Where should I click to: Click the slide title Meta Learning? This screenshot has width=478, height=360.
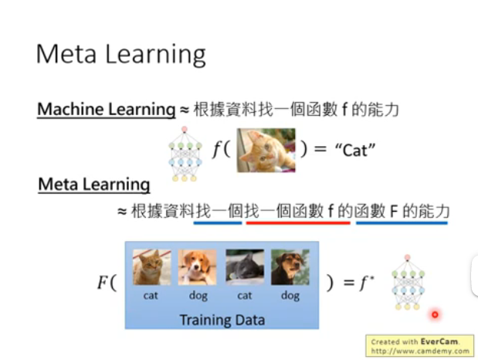coord(121,54)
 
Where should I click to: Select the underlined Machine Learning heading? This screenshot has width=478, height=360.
coord(106,109)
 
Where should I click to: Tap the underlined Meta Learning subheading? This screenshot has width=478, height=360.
coord(94,185)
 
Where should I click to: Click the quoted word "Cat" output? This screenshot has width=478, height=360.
coord(355,150)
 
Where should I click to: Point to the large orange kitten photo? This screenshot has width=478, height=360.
coord(266,150)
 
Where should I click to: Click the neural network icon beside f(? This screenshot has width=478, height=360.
coord(185,154)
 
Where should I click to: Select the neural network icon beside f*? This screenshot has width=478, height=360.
coord(408,282)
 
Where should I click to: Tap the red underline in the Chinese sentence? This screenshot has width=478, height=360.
coord(298,223)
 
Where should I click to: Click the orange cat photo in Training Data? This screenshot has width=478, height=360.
coord(152,267)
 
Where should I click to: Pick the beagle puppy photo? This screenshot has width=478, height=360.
coord(197,267)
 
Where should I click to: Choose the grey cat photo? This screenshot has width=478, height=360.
coord(245,267)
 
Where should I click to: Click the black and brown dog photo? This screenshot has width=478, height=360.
coord(290,267)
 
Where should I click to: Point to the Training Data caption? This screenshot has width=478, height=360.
coord(222,320)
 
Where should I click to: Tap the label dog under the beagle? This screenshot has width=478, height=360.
coord(198,296)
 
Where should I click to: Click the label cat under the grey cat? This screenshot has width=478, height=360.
coord(245,296)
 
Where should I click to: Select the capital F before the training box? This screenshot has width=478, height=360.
coord(103,282)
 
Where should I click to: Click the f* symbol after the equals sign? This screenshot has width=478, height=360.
coord(367,283)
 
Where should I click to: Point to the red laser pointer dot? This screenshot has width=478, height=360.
coord(435,314)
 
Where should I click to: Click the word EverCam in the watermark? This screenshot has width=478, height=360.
coord(439,341)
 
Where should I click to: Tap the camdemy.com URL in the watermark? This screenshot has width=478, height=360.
coord(420,352)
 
